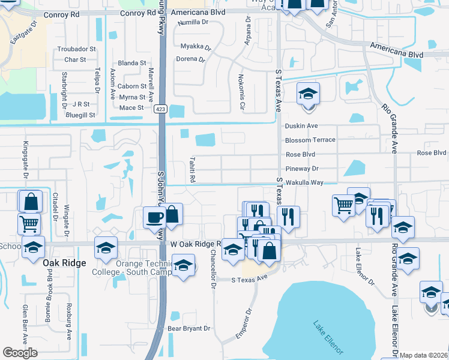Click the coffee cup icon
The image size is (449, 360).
click(154, 217)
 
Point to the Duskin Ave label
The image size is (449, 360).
click(301, 126)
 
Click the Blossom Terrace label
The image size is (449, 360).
click(310, 140)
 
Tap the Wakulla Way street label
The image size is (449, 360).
click(304, 182)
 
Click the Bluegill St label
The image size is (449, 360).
click(80, 115)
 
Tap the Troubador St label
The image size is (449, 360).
click(76, 49)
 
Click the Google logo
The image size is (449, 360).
click(20, 353)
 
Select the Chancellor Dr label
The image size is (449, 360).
click(212, 269)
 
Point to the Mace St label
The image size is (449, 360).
click(131, 108)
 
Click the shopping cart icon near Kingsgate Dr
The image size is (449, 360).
click(30, 225)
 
